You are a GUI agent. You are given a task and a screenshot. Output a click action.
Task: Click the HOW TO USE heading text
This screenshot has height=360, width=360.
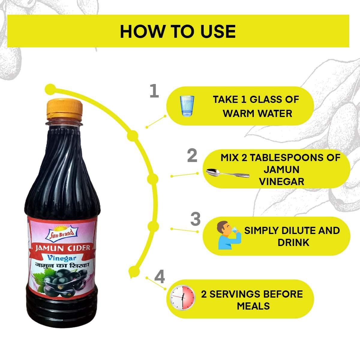[178, 31]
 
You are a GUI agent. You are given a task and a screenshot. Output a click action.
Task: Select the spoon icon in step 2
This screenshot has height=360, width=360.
[228, 173]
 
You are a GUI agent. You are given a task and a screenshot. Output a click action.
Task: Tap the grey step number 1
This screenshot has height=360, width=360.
[154, 91]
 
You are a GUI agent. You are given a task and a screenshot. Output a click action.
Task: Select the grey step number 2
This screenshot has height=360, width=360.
[192, 156]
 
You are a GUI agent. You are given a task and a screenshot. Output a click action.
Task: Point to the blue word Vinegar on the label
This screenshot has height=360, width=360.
[63, 258]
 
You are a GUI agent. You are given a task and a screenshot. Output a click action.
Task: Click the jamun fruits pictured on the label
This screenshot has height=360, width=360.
[64, 282]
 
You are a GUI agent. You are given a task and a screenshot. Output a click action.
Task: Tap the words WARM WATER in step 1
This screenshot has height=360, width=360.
[257, 113]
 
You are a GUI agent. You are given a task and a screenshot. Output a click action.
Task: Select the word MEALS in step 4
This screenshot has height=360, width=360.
[253, 306]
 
